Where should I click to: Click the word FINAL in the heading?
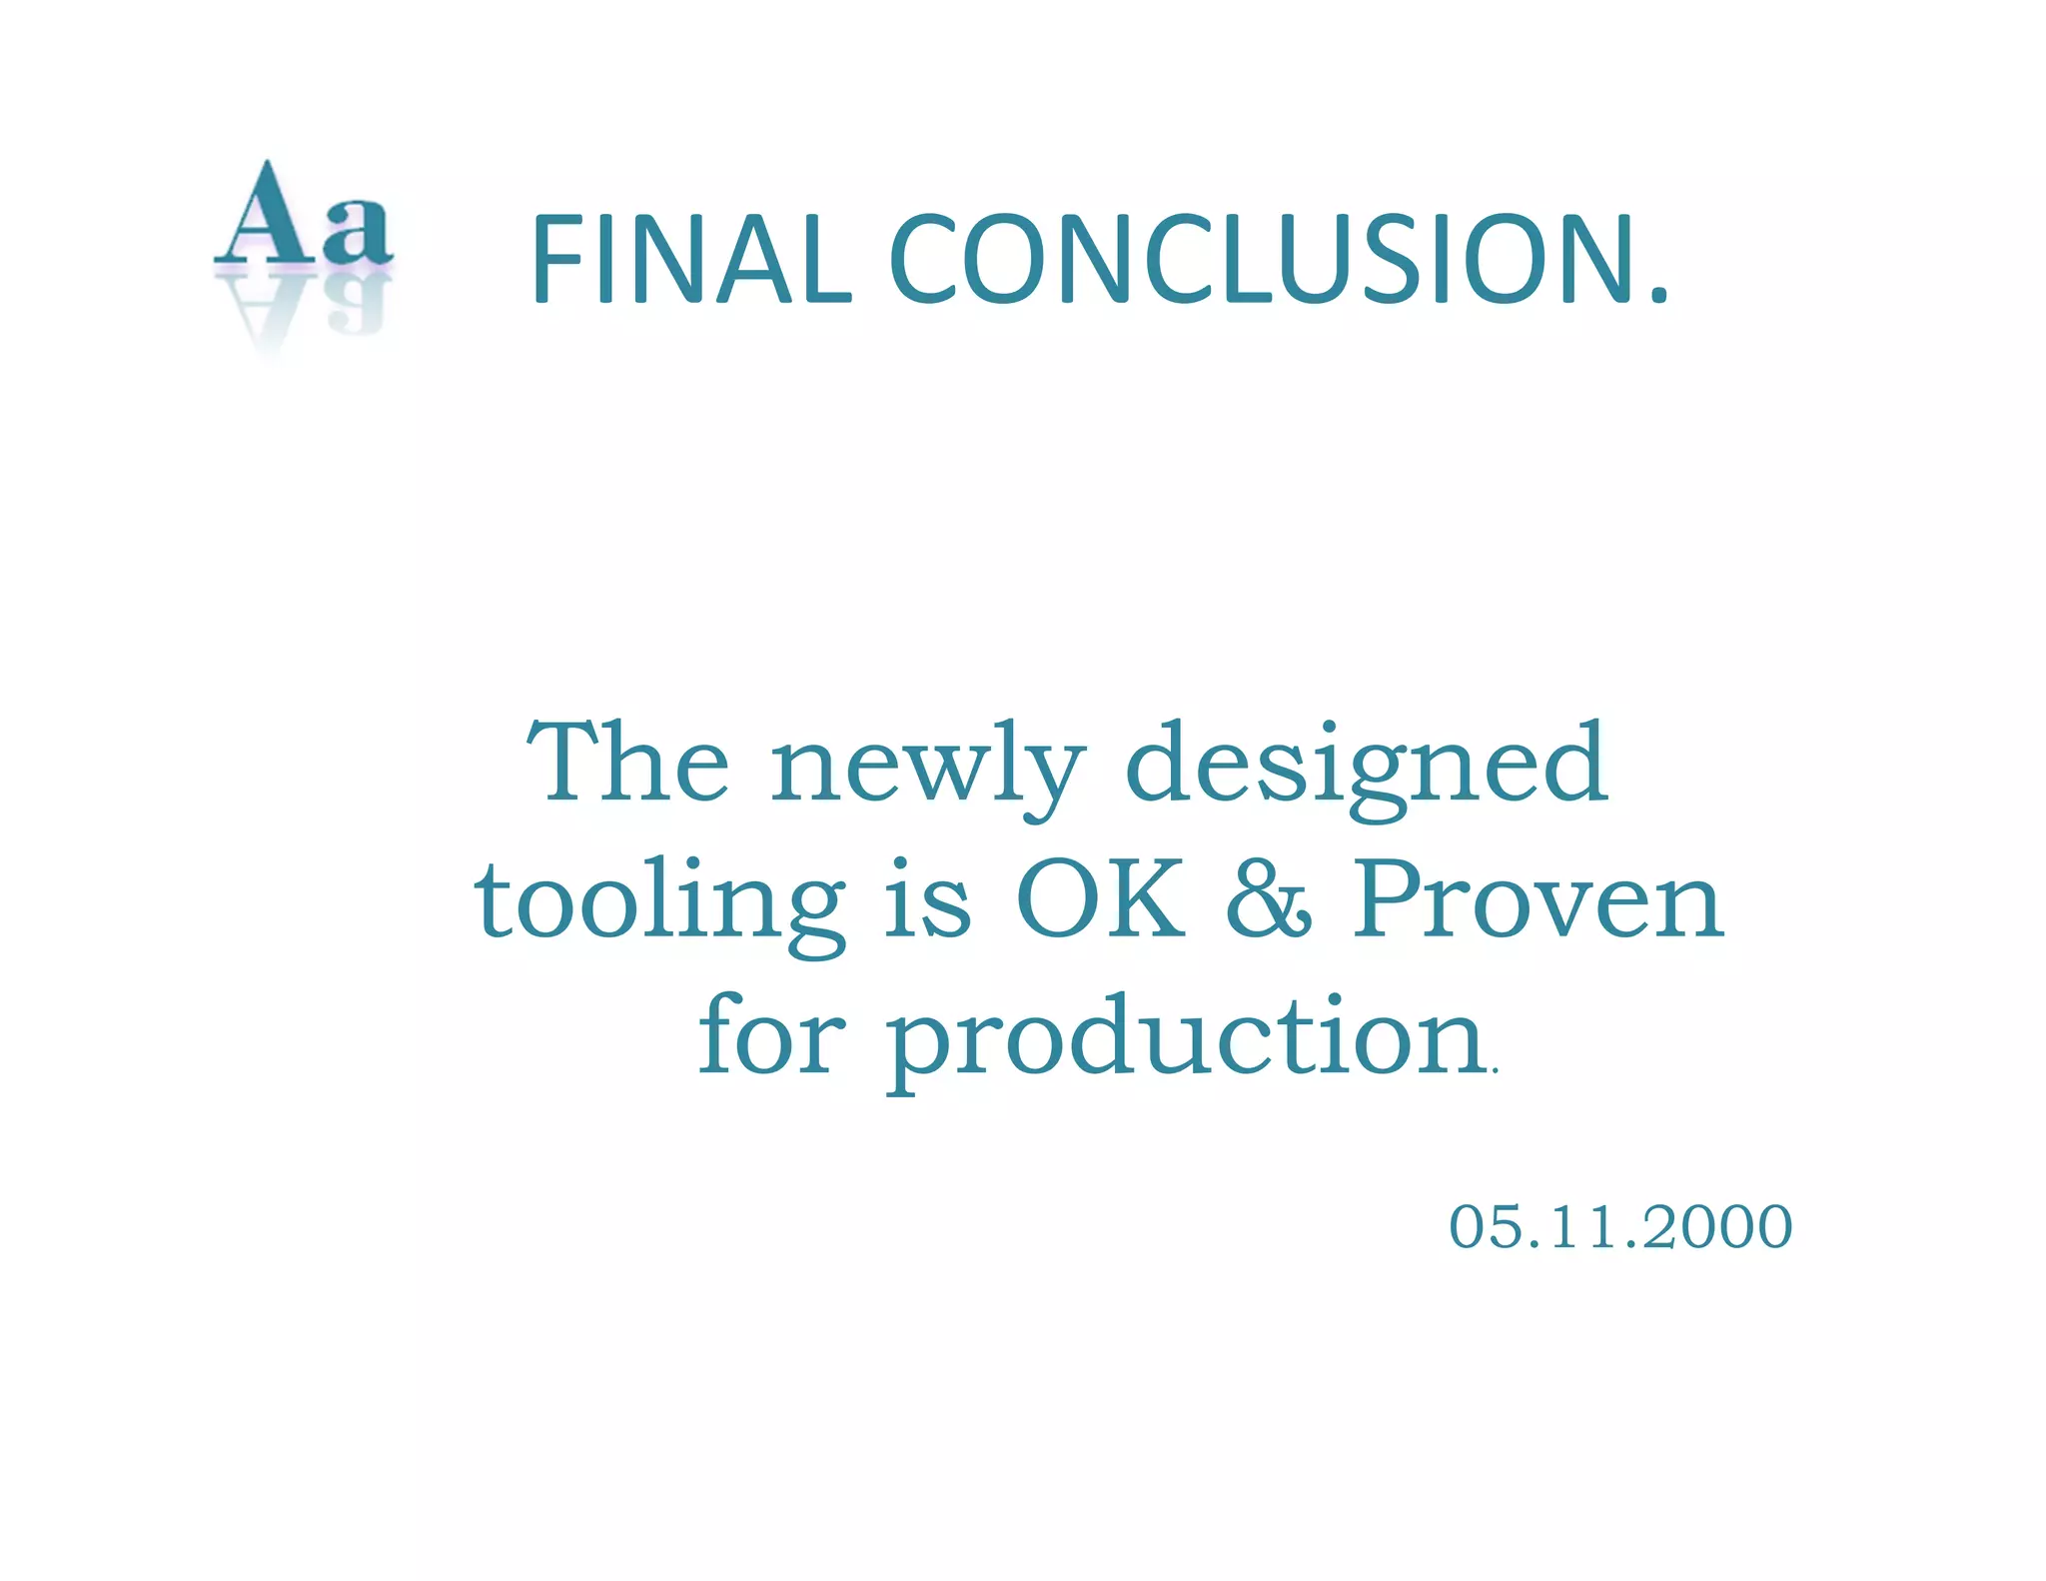[691, 259]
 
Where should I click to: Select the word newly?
[927, 770]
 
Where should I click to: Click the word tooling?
[659, 904]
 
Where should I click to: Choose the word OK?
[1101, 899]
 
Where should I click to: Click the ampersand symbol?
[1269, 899]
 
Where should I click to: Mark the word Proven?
[1538, 899]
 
